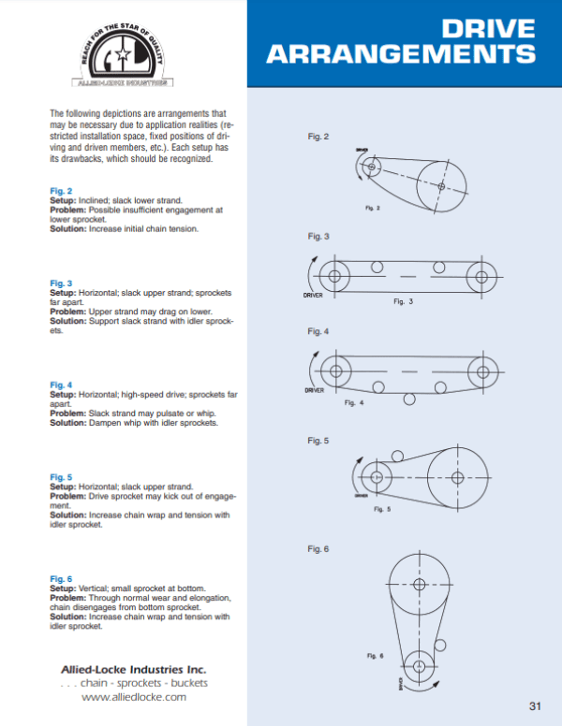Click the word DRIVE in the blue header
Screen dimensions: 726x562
click(490, 28)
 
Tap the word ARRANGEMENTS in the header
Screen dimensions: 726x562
click(401, 54)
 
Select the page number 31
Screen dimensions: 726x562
click(535, 705)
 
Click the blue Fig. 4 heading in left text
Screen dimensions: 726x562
click(60, 385)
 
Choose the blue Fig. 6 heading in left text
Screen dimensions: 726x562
click(60, 578)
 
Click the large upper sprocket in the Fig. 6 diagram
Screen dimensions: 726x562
click(419, 584)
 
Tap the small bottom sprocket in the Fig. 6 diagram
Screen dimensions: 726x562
click(419, 666)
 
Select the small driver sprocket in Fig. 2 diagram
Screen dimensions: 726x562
click(371, 167)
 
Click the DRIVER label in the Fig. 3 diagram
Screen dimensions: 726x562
click(315, 296)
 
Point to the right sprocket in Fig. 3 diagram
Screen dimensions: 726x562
click(482, 277)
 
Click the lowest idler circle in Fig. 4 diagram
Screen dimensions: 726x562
click(408, 399)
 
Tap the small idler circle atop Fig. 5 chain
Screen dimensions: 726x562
click(397, 457)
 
